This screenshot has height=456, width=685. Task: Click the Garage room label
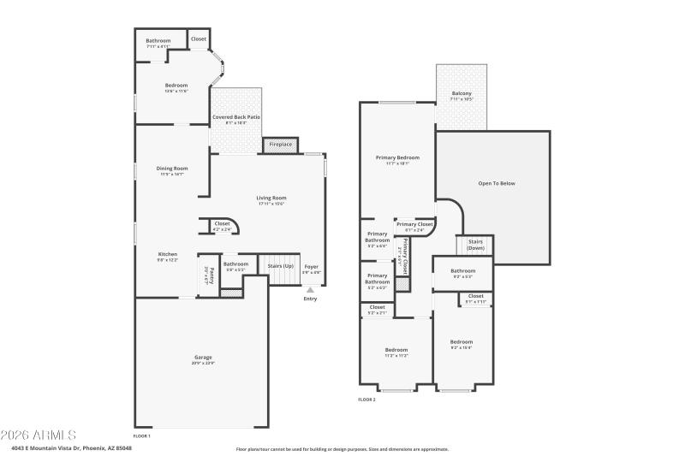pos(203,358)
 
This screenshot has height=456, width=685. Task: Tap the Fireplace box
pos(281,145)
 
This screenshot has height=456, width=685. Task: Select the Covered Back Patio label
pos(236,119)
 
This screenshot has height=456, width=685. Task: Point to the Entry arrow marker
pos(310,290)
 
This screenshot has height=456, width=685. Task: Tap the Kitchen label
pos(168,256)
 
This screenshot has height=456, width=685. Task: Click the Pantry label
pos(205,275)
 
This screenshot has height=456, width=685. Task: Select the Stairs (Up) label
pos(281,265)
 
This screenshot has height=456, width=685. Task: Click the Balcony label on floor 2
pos(462,96)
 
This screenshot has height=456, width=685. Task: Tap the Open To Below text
pos(497,183)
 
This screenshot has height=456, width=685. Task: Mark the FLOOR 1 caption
pos(141,436)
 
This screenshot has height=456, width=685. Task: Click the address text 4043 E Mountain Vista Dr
pos(72,447)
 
